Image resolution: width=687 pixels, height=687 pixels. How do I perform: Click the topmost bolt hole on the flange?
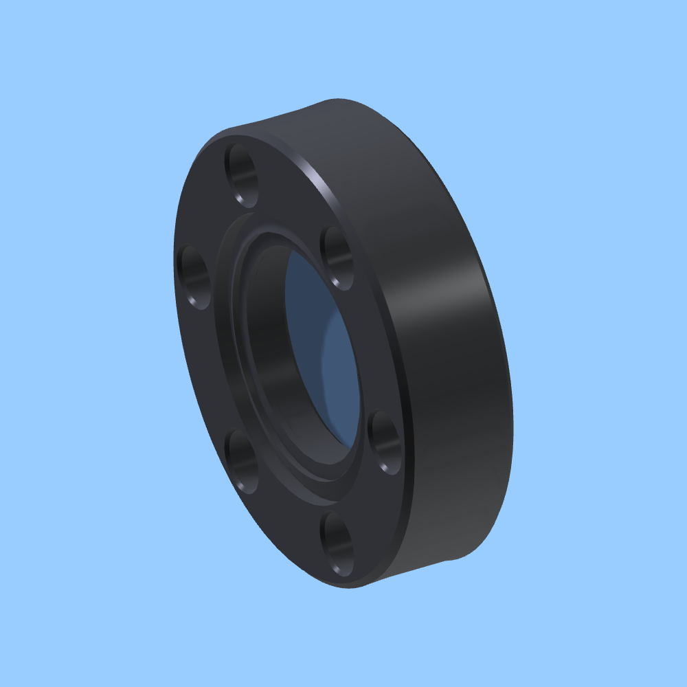241,174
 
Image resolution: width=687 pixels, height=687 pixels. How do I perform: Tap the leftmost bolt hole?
194,278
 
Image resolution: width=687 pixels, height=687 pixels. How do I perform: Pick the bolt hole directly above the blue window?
337,258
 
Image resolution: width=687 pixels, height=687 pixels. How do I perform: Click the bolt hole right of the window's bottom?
385,442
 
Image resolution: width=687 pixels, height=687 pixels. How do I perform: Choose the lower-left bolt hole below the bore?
242,460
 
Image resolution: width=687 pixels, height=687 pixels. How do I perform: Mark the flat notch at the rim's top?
289,117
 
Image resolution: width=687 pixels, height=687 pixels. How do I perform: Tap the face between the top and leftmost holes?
206,213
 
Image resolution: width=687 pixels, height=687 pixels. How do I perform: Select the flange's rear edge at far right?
508,385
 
